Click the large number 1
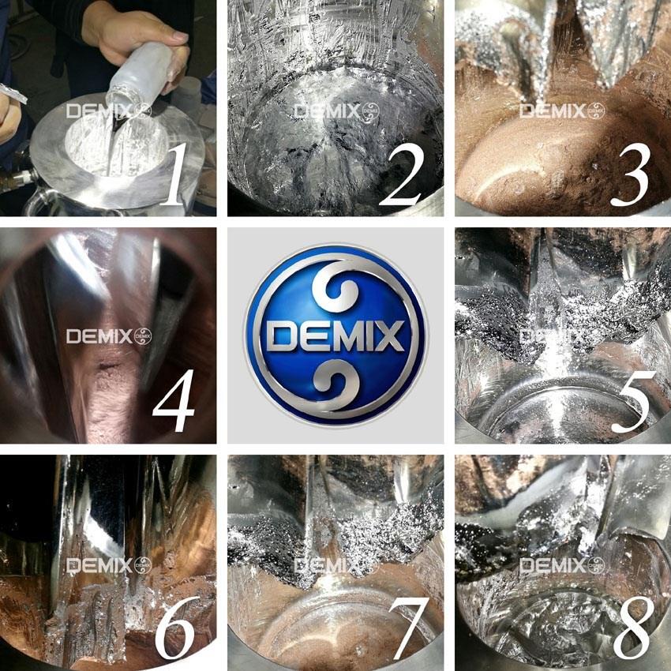click(175, 174)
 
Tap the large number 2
click(401, 174)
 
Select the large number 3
click(630, 174)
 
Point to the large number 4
click(174, 400)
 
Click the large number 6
click(177, 628)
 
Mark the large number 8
click(634, 628)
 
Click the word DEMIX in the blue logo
click(335, 336)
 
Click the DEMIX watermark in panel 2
click(337, 111)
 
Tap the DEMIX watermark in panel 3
click(562, 111)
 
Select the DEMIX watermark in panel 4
click(109, 336)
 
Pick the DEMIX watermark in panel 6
click(109, 565)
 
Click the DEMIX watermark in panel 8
click(562, 565)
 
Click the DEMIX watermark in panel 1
click(109, 111)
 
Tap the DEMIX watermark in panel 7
click(337, 565)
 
